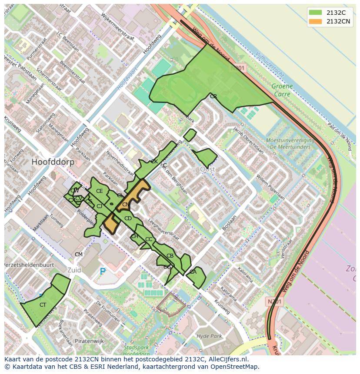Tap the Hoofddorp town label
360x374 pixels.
[53, 162]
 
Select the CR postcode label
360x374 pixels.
[213, 96]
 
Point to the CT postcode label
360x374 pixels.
[43, 305]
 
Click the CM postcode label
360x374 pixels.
[78, 255]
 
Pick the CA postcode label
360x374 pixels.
[193, 272]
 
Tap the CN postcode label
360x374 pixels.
[125, 205]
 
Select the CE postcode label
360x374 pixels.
[99, 191]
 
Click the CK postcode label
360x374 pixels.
[154, 162]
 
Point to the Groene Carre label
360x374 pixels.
[282, 90]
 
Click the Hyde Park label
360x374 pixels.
[209, 336]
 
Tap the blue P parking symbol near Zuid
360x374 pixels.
[103, 272]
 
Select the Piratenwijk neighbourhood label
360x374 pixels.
[90, 341]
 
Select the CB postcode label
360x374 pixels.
[170, 256]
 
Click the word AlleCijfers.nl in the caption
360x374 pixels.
[228, 359]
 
